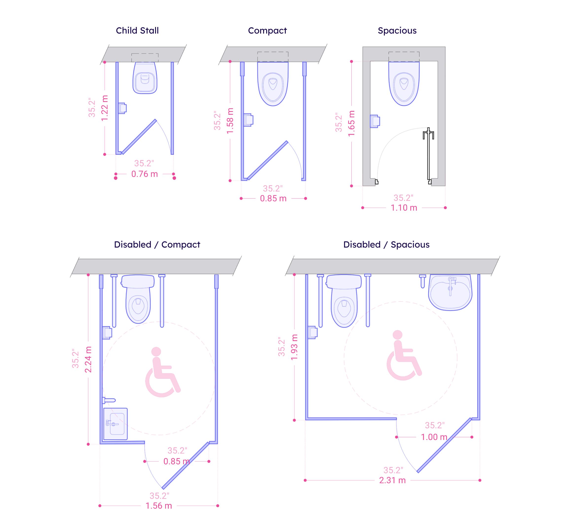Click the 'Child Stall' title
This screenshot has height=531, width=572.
click(137, 30)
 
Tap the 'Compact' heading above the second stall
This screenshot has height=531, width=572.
click(267, 30)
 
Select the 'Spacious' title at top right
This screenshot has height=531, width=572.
click(397, 30)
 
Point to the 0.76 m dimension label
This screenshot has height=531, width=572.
click(144, 174)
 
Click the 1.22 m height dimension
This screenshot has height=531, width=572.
click(105, 108)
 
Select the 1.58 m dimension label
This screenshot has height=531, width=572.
click(230, 121)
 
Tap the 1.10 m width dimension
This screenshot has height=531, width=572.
click(404, 208)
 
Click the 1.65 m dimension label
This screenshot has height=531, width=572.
click(352, 123)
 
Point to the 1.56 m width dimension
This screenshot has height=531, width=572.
click(159, 506)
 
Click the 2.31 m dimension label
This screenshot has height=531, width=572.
click(392, 480)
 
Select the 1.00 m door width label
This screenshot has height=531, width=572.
click(434, 437)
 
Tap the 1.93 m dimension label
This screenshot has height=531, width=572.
click(294, 347)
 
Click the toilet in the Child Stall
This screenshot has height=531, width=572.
click(145, 78)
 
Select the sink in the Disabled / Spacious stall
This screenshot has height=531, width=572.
click(450, 292)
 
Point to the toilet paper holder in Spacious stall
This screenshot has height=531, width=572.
click(375, 121)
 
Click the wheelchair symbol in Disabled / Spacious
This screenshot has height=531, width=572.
click(403, 355)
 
